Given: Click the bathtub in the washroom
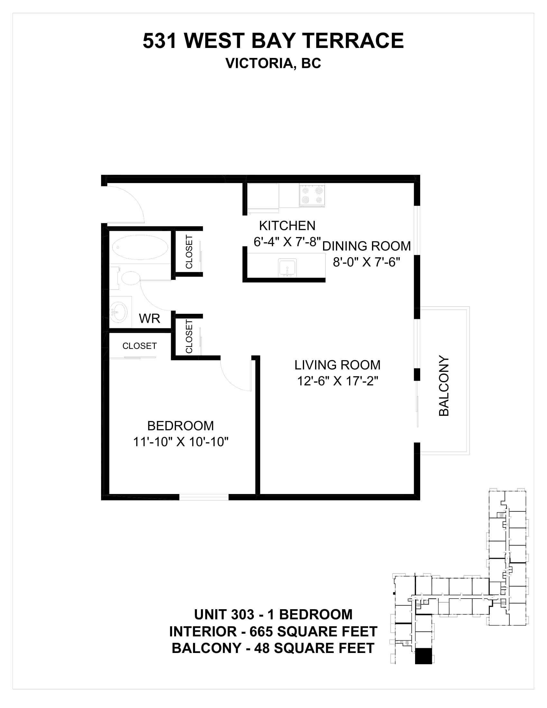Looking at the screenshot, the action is coord(140,247).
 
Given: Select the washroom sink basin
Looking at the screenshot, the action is coord(119,312).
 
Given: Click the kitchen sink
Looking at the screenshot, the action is coord(287,268).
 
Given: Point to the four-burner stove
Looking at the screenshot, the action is coord(312,195).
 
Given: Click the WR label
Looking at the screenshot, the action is coord(150,319).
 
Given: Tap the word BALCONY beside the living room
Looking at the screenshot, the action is coord(444,386).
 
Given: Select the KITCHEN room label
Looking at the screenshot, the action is coord(287,226).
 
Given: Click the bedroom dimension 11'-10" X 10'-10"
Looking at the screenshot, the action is coord(181,442).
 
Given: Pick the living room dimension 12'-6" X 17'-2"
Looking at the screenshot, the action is coord(338,381).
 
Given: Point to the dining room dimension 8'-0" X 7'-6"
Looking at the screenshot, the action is coord(366,262).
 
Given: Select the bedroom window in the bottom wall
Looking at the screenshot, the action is coord(204,497).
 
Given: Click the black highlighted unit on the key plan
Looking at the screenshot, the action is coord(423,656).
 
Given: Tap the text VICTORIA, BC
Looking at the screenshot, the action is coord(273,63).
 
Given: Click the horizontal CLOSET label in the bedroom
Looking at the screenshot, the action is coord(140,346).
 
